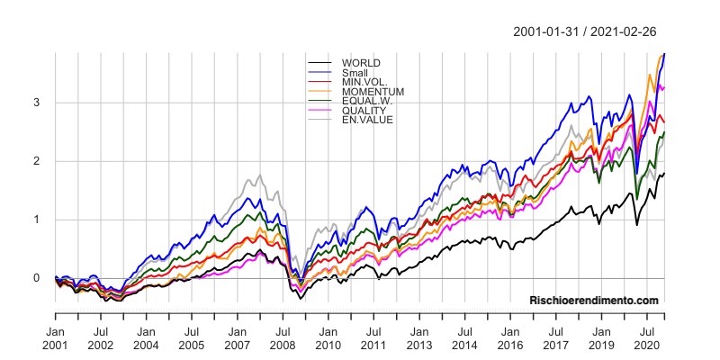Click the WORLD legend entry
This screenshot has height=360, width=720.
tap(360, 63)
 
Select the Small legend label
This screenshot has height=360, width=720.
tap(355, 72)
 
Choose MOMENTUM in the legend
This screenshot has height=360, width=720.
tap(372, 92)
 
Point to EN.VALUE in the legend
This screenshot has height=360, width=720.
tap(365, 120)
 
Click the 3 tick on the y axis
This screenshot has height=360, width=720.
tap(37, 103)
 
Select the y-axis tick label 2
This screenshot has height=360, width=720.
tap(37, 161)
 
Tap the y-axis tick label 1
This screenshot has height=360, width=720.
tap(37, 220)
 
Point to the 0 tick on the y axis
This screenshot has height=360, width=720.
tap(37, 278)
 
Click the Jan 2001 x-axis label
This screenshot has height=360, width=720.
tap(56, 337)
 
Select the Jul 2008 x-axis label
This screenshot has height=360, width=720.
tap(283, 337)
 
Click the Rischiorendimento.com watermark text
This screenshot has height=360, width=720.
tap(594, 301)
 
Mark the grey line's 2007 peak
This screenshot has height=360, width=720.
tap(260, 175)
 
